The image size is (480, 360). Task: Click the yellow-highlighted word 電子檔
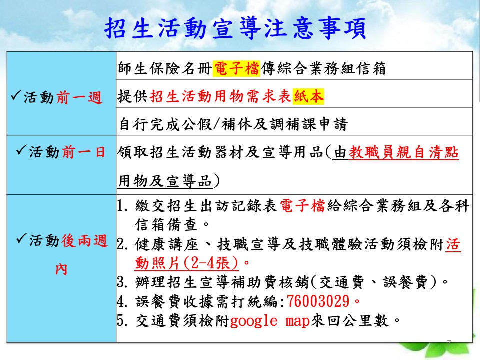[x=237, y=68]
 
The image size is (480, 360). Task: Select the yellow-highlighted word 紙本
[x=308, y=96]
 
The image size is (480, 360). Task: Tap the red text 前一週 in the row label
[x=79, y=98]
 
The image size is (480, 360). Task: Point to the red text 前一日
[x=84, y=152]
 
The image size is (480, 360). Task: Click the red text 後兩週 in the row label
[x=84, y=240]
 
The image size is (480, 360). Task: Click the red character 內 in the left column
[x=61, y=269]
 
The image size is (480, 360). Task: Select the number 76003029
[x=318, y=301]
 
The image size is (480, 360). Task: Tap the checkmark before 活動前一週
[x=16, y=95]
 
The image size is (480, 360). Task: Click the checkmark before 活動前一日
[x=21, y=149]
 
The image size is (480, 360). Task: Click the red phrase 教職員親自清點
[x=404, y=152]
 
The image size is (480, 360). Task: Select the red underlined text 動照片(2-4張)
[x=186, y=262]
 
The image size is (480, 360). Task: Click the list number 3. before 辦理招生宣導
[x=122, y=282]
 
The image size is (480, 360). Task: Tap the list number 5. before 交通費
[x=122, y=320]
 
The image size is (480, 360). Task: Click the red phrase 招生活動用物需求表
[x=220, y=96]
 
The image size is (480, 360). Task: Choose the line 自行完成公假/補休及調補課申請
[x=233, y=124]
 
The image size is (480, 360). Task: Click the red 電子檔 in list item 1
[x=302, y=205]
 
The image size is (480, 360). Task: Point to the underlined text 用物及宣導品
[x=165, y=180]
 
